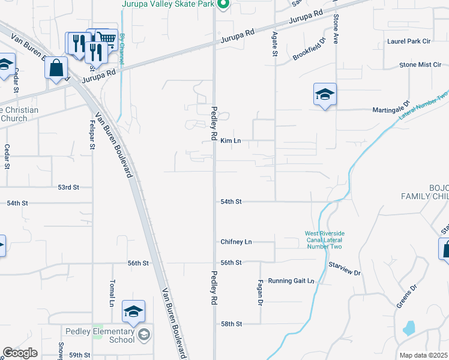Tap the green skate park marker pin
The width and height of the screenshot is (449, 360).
(x=223, y=5)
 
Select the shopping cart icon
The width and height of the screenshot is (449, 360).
(x=106, y=39)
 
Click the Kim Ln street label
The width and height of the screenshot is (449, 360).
(x=231, y=141)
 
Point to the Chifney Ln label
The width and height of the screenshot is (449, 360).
(x=236, y=242)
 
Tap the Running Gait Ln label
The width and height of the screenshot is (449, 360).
(x=291, y=281)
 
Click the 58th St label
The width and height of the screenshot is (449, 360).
(x=231, y=324)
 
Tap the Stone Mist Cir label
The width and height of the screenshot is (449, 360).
(x=420, y=65)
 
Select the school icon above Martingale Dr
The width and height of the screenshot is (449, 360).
(x=325, y=95)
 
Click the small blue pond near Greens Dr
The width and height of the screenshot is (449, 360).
(x=409, y=328)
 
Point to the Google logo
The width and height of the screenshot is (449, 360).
(x=20, y=353)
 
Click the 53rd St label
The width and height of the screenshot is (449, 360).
(x=68, y=187)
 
